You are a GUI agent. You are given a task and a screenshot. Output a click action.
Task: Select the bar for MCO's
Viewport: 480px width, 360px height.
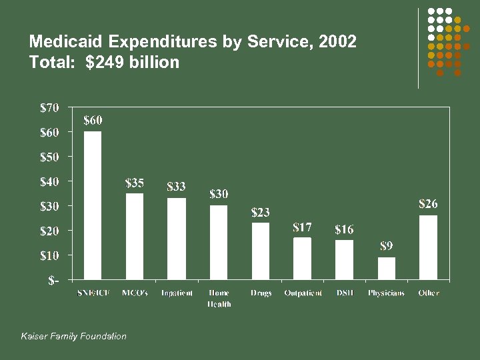tap(135, 236)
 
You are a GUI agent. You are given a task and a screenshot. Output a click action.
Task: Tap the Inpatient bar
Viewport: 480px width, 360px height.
tap(177, 239)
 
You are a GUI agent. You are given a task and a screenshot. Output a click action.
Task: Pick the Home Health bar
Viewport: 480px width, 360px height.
tap(219, 242)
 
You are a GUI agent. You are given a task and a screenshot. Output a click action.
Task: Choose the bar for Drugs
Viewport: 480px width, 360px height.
tap(261, 251)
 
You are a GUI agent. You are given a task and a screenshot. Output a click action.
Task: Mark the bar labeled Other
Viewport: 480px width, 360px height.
tap(428, 247)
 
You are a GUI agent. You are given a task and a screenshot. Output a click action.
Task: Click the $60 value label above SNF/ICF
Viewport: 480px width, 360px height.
tap(93, 121)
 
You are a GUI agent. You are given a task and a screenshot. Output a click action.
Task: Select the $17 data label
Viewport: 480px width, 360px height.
tap(303, 227)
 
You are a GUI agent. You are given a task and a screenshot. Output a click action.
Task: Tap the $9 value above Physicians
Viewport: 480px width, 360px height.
tap(387, 247)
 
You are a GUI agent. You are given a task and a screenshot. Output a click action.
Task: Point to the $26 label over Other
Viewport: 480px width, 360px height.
tap(428, 204)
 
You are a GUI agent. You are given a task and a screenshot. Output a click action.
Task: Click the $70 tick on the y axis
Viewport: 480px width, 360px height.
tap(49, 107)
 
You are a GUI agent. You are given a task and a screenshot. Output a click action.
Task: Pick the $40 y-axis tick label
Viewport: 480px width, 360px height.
tap(49, 181)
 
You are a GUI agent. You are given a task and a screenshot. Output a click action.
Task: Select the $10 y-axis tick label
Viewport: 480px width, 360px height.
tap(49, 255)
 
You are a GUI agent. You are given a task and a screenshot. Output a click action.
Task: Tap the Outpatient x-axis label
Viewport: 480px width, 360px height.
tap(303, 293)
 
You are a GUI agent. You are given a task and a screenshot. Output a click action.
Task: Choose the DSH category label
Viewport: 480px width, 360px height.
tap(345, 293)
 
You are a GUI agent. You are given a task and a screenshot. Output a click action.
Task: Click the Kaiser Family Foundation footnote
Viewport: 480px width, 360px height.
tap(73, 336)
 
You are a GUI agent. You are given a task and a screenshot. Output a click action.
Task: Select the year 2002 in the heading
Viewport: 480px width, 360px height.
tap(337, 42)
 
